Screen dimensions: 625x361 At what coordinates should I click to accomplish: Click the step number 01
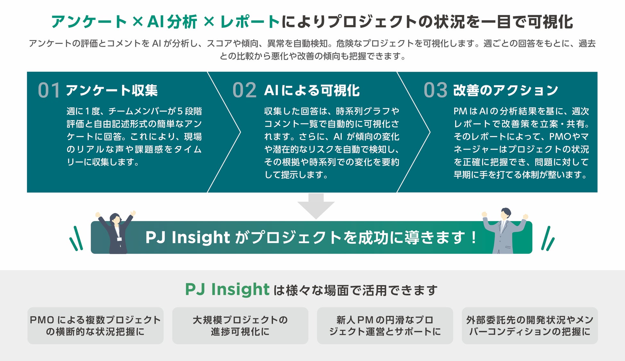click(x=49, y=90)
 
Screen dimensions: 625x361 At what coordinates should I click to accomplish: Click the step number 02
click(x=244, y=90)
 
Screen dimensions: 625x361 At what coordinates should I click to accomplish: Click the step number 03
click(x=435, y=90)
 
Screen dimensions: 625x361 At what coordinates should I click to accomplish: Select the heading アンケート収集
click(x=112, y=90)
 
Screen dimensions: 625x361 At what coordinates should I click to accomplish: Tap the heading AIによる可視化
click(x=312, y=91)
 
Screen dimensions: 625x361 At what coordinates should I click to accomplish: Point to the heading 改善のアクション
click(x=505, y=91)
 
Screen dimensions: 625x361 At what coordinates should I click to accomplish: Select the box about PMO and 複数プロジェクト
click(x=95, y=325)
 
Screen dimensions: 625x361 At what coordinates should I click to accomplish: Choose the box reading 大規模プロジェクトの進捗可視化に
click(x=240, y=325)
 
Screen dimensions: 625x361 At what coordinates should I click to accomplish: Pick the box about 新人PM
click(x=385, y=325)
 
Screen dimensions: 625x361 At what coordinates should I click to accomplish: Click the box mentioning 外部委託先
click(x=529, y=325)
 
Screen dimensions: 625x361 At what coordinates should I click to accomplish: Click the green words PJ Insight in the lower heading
click(x=227, y=290)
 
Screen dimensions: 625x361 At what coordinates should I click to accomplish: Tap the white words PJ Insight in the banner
click(x=188, y=237)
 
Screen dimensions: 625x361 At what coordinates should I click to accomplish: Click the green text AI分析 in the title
click(x=172, y=22)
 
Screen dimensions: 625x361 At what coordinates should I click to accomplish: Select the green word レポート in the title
click(x=250, y=22)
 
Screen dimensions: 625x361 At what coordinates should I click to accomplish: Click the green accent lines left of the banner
click(x=76, y=239)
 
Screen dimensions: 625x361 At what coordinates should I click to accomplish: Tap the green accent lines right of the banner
click(x=548, y=239)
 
